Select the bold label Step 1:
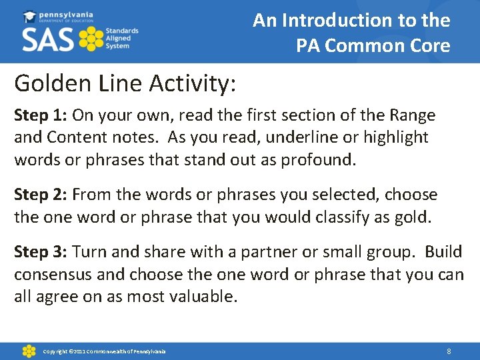[x=41, y=115]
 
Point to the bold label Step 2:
[x=41, y=195]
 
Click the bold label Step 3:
[x=41, y=252]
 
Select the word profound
[x=322, y=159]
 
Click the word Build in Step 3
[x=443, y=252]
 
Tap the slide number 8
[x=449, y=351]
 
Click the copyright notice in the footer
[x=104, y=351]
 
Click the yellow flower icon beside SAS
[x=91, y=39]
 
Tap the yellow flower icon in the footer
[x=29, y=351]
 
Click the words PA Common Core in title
[x=373, y=46]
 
